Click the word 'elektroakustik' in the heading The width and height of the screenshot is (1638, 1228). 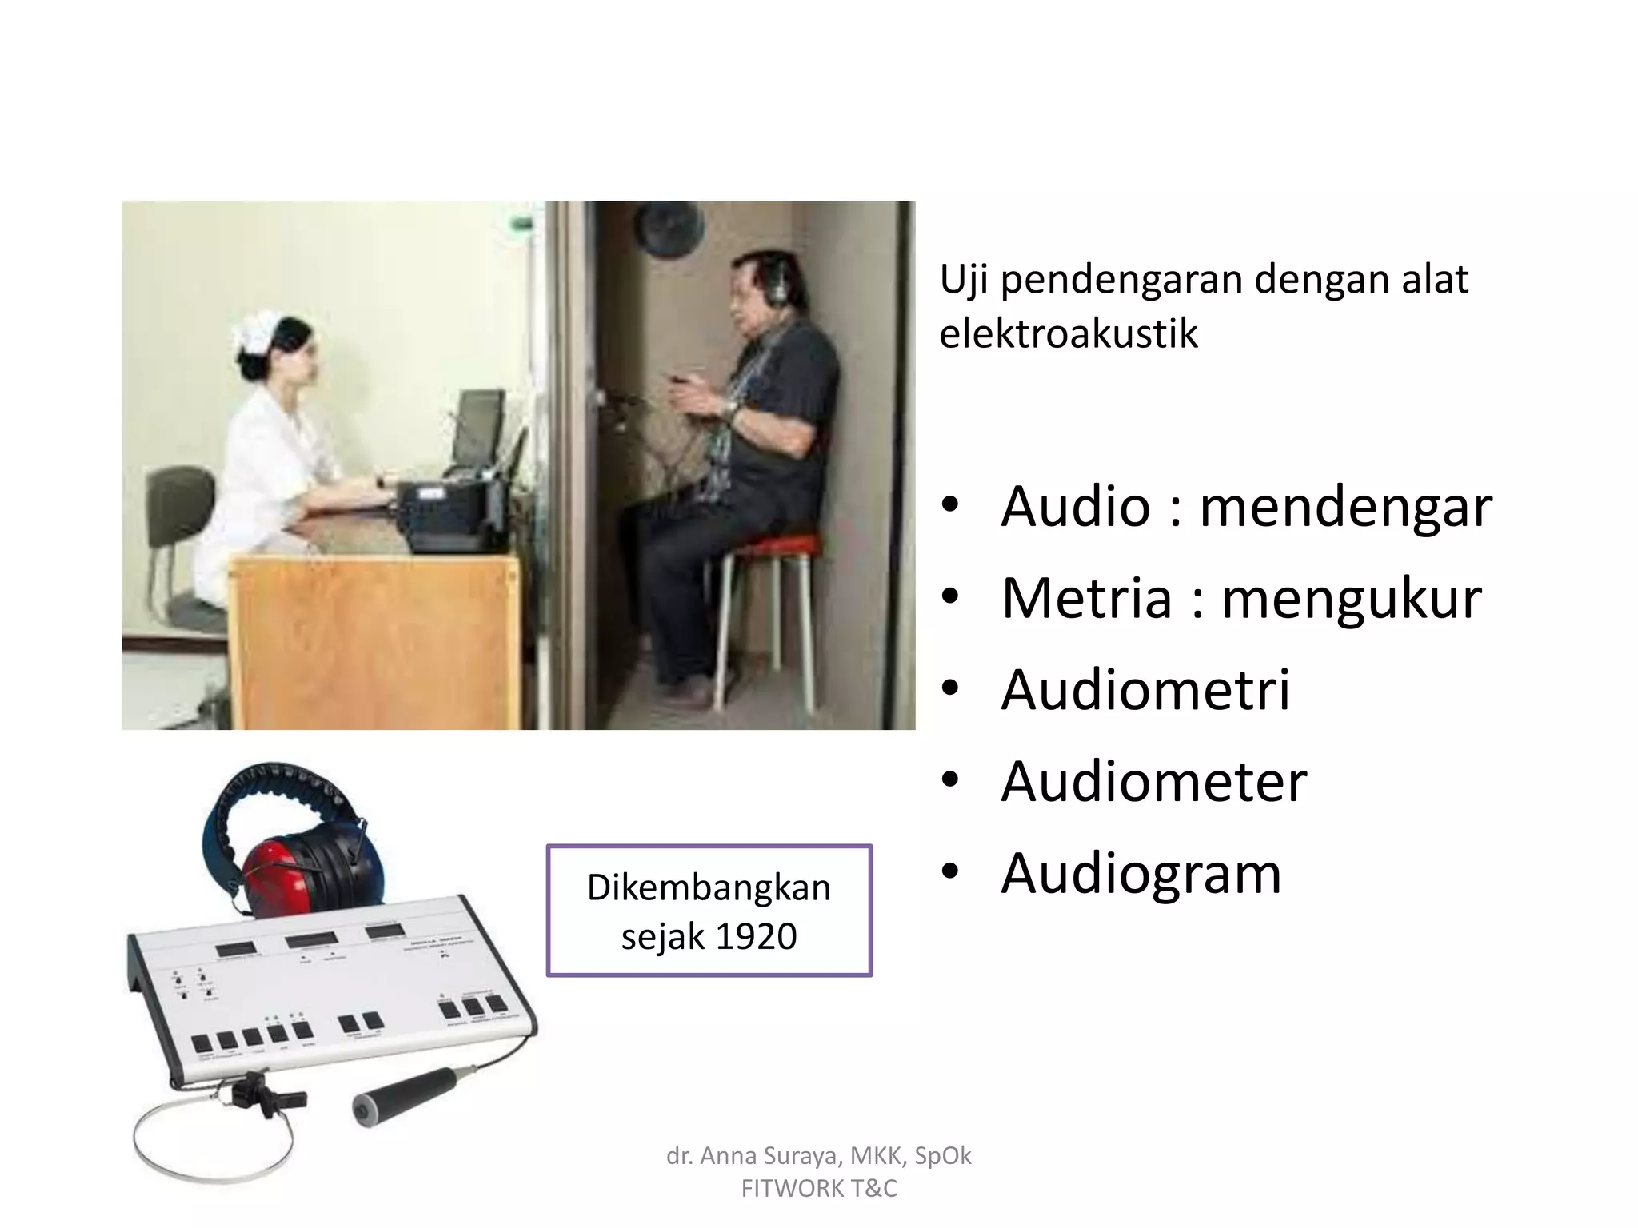pyautogui.click(x=1068, y=334)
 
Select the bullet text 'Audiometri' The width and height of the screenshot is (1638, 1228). pyautogui.click(x=1145, y=689)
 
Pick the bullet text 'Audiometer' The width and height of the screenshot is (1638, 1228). pyautogui.click(x=1153, y=781)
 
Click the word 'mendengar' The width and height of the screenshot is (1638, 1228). pyautogui.click(x=1345, y=507)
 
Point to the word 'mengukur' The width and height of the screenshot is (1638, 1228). pyautogui.click(x=1351, y=598)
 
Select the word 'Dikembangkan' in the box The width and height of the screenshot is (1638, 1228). pyautogui.click(x=709, y=887)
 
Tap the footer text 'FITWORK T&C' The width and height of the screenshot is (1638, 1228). pyautogui.click(x=819, y=1189)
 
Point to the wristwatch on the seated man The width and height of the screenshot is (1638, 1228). pyautogui.click(x=729, y=409)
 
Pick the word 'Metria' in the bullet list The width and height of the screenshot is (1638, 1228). pyautogui.click(x=1085, y=598)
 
